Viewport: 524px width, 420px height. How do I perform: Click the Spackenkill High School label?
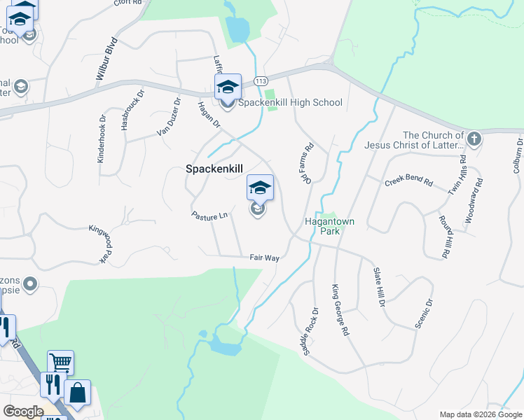pyautogui.click(x=291, y=103)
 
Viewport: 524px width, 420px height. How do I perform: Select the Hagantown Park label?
pyautogui.click(x=329, y=225)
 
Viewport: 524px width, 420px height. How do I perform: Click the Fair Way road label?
pyautogui.click(x=265, y=258)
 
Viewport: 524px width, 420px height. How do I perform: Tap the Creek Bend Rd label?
pyautogui.click(x=408, y=181)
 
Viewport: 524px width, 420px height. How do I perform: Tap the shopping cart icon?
pyautogui.click(x=60, y=363)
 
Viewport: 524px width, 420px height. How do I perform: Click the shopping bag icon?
pyautogui.click(x=77, y=393)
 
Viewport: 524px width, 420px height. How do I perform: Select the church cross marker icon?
pyautogui.click(x=474, y=139)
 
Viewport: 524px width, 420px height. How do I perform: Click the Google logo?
pyautogui.click(x=23, y=412)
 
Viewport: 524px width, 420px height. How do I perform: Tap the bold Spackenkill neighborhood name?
pyautogui.click(x=213, y=169)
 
